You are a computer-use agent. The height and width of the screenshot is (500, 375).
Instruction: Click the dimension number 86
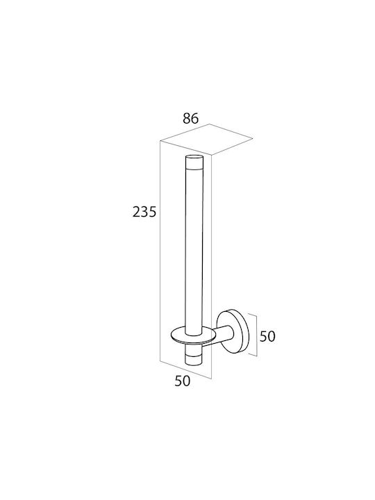pyautogui.click(x=191, y=118)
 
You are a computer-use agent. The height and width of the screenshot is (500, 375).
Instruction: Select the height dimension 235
pyautogui.click(x=144, y=212)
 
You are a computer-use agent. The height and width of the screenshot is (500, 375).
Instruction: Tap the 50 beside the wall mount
pyautogui.click(x=267, y=336)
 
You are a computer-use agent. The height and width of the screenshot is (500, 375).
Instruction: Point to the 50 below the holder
pyautogui.click(x=183, y=381)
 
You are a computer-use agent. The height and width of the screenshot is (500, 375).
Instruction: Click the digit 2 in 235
pyautogui.click(x=137, y=212)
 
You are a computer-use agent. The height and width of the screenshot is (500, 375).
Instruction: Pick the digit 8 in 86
pyautogui.click(x=187, y=118)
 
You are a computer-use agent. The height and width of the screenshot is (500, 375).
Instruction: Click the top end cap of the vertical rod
pyautogui.click(x=194, y=161)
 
